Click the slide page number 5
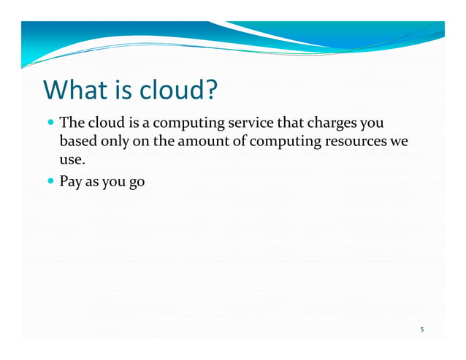click(421, 329)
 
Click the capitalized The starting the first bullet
click(72, 122)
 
